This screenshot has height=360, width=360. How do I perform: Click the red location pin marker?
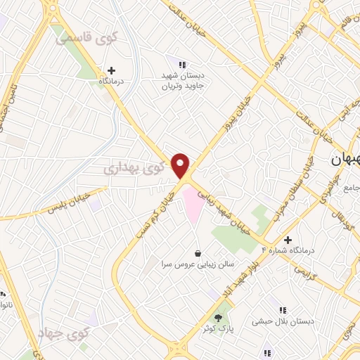click(181, 166)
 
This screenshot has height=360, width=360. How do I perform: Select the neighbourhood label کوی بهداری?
click(137, 169)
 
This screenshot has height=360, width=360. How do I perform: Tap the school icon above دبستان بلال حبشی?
click(283, 309)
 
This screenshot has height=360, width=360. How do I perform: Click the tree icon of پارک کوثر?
click(217, 317)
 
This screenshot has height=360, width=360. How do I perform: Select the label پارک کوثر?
click(217, 328)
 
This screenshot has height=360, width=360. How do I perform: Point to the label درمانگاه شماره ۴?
click(290, 251)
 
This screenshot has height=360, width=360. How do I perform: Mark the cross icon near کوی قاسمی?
click(110, 70)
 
